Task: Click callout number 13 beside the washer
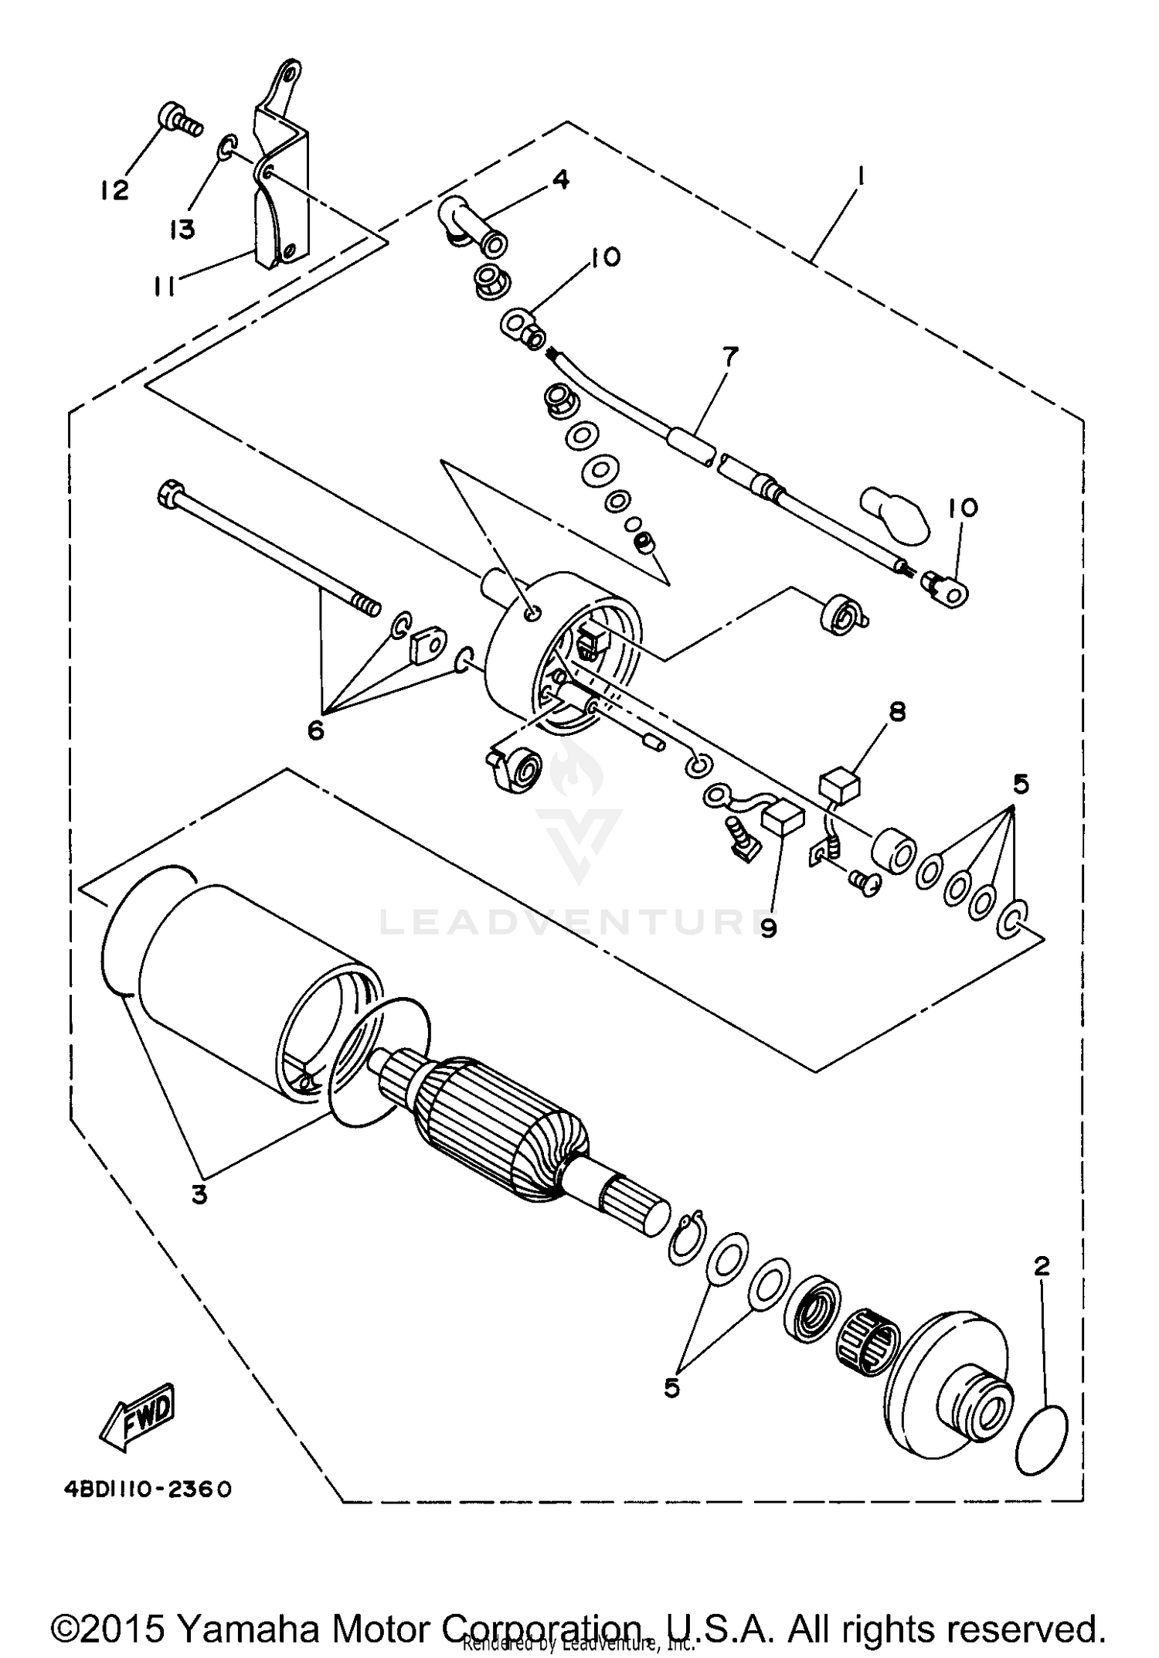[183, 229]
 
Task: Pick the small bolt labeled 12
[176, 119]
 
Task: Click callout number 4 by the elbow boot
[559, 180]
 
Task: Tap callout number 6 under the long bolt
[315, 729]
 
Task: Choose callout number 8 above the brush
[896, 712]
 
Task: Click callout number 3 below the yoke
[199, 1194]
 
